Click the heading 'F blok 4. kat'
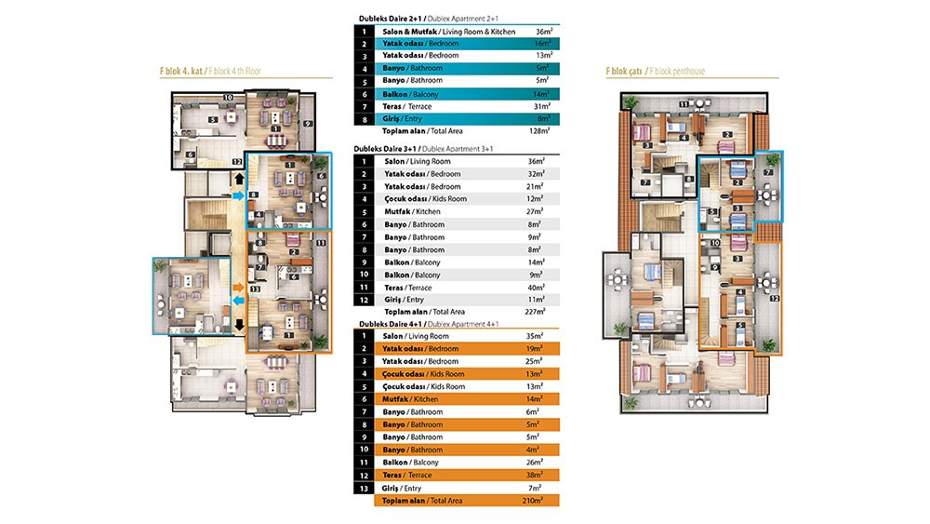click(181, 72)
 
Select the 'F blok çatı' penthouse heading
click(624, 72)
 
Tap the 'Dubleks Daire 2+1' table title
click(391, 19)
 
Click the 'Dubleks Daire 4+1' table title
click(391, 324)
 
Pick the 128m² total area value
click(539, 130)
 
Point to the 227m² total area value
click(535, 311)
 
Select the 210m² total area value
click(532, 500)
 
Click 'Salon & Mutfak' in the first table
click(409, 32)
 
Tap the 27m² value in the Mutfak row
click(535, 211)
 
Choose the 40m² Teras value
click(537, 288)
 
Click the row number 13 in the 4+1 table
click(365, 489)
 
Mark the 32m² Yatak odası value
click(537, 174)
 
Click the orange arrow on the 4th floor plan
click(238, 288)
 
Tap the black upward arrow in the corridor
click(239, 179)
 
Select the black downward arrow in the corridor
click(240, 325)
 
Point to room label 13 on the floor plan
click(255, 289)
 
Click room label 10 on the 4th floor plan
click(228, 98)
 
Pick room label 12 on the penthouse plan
click(775, 299)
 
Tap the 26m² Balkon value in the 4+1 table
click(534, 463)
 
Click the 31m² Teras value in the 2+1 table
click(541, 106)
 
